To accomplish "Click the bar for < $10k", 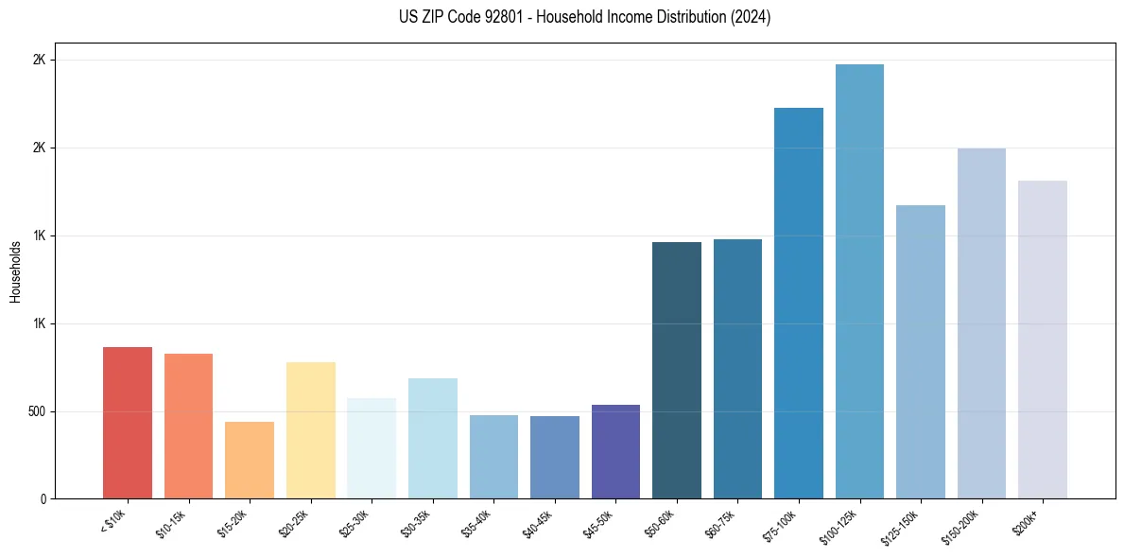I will pyautogui.click(x=128, y=423).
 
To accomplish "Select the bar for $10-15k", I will pyautogui.click(x=188, y=426).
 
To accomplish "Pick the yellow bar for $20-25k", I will pyautogui.click(x=311, y=430).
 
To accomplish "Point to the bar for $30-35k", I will pyautogui.click(x=433, y=439).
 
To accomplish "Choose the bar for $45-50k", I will pyautogui.click(x=615, y=452).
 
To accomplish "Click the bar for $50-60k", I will pyautogui.click(x=677, y=371).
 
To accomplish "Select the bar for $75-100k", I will pyautogui.click(x=799, y=304).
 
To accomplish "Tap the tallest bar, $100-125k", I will pyautogui.click(x=859, y=282).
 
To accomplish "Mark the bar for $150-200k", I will pyautogui.click(x=981, y=323).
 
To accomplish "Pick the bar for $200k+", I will pyautogui.click(x=1043, y=340).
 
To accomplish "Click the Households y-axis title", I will pyautogui.click(x=15, y=271).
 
